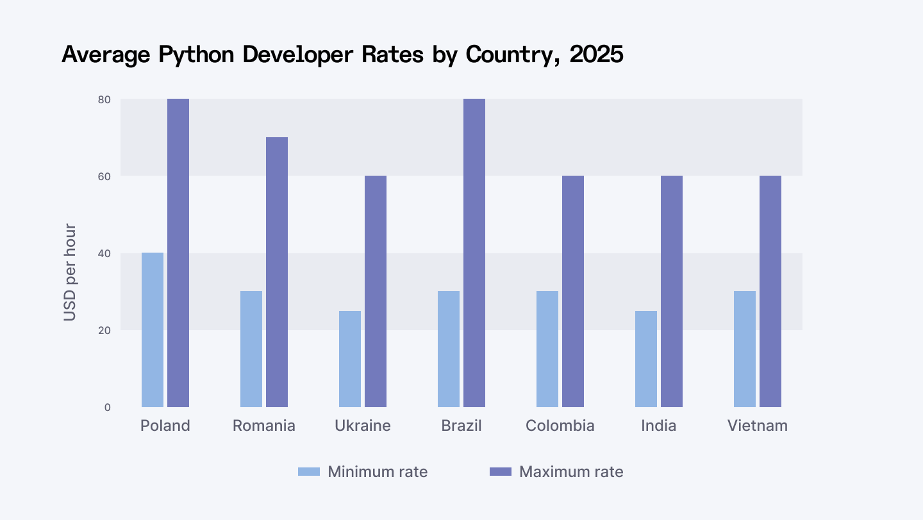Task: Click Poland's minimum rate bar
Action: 153,330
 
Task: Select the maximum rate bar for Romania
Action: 277,272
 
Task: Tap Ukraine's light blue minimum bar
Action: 350,359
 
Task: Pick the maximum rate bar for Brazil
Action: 474,253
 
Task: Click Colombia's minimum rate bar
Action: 547,349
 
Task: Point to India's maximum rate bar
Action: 672,291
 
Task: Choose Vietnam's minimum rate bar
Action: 745,349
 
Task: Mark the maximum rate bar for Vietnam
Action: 770,291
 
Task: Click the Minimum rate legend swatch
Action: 308,472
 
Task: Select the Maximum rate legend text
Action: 571,472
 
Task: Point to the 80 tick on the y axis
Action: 104,99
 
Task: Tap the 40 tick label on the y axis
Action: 104,253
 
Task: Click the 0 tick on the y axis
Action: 107,407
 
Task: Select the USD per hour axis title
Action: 70,273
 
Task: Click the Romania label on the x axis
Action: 264,426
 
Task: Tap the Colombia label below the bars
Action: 560,426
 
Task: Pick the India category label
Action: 659,426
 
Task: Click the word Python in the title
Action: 199,55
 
